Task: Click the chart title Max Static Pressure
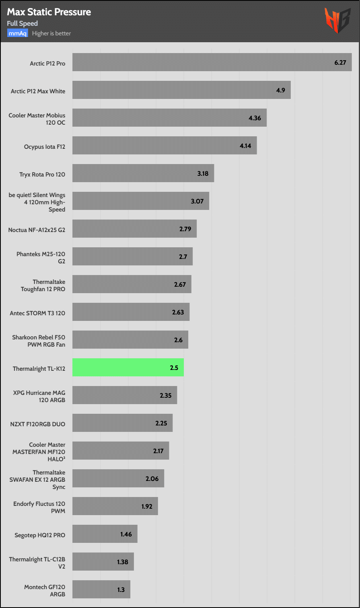(x=49, y=12)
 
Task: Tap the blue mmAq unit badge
(x=17, y=33)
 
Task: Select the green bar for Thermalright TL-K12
(x=128, y=368)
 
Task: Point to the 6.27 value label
(x=340, y=63)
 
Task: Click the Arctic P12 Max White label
(x=38, y=91)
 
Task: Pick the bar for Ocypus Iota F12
(x=165, y=146)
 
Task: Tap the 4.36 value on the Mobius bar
(x=255, y=118)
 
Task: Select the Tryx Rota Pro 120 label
(x=42, y=175)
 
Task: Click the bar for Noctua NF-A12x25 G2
(x=134, y=229)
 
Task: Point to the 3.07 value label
(x=197, y=201)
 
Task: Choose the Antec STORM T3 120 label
(x=37, y=312)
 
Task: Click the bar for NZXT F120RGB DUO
(x=122, y=423)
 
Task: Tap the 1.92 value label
(x=147, y=506)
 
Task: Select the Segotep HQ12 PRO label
(x=39, y=535)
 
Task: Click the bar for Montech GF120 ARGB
(x=101, y=590)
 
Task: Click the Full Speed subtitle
(x=23, y=23)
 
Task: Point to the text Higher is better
(x=51, y=33)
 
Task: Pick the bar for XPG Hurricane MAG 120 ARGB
(x=125, y=395)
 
